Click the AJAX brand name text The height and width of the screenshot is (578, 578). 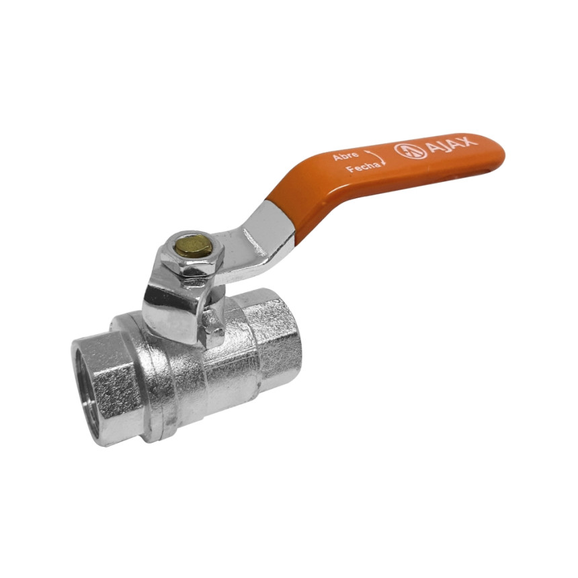pos(452,145)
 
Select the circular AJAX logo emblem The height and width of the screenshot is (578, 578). pos(411,151)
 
